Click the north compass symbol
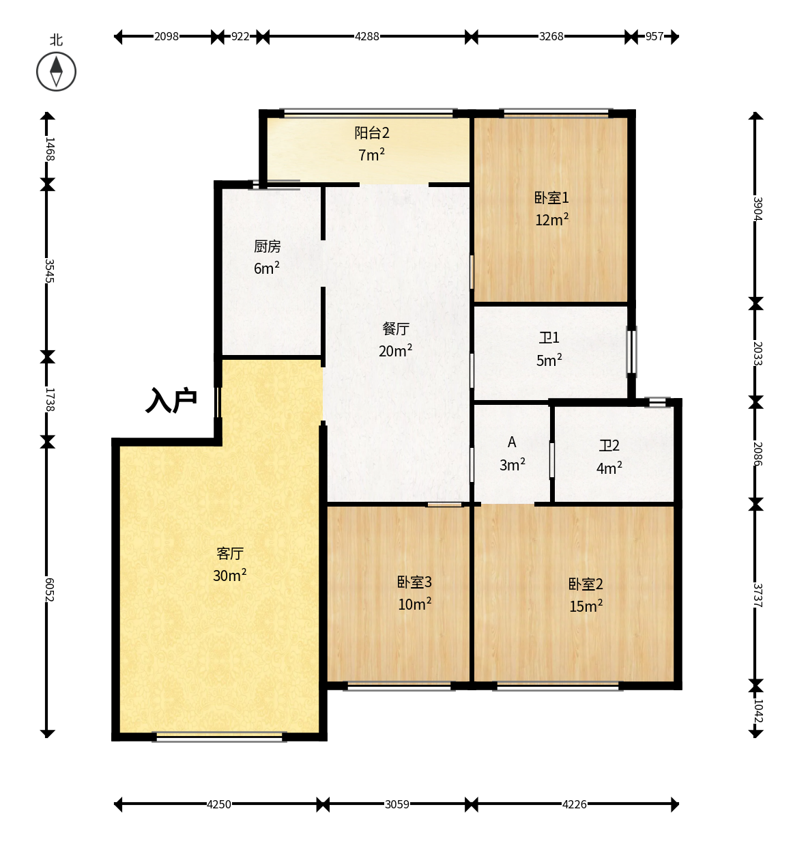click(56, 72)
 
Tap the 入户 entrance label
click(171, 400)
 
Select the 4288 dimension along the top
click(366, 36)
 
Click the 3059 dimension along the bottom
click(396, 804)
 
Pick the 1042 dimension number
click(758, 711)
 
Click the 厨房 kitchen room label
click(267, 246)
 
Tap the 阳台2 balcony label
click(371, 132)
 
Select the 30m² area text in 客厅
click(229, 576)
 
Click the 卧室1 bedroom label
click(551, 197)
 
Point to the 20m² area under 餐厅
click(395, 350)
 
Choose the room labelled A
click(511, 442)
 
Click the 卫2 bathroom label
click(609, 446)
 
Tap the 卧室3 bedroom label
click(414, 582)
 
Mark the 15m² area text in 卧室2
click(586, 606)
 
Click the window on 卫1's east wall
click(631, 352)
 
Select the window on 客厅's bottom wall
click(219, 737)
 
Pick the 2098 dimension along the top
click(166, 36)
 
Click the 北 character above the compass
click(56, 40)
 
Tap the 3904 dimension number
click(758, 208)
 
